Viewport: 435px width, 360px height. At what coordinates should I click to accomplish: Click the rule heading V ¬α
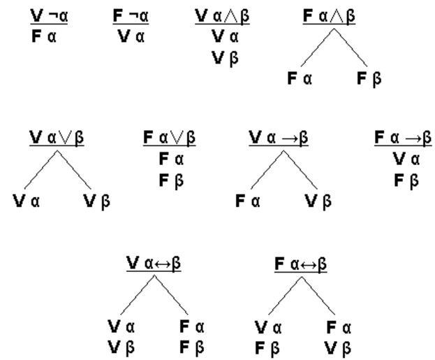coord(49,16)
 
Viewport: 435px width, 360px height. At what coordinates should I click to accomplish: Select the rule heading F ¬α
coord(131,16)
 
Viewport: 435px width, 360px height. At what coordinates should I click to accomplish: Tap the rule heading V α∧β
coord(222,16)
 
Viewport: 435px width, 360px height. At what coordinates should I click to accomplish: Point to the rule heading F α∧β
coord(329,16)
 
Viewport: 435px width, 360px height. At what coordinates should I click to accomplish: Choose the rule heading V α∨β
coord(57,138)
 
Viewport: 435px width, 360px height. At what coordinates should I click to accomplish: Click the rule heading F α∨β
coord(169,138)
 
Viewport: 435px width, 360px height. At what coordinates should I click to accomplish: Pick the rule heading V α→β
coord(279,138)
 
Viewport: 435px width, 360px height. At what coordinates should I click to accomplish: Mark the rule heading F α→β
coord(403,138)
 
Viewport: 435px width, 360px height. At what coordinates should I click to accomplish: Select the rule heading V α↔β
coord(154,263)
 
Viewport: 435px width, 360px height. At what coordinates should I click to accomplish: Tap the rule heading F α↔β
coord(301,264)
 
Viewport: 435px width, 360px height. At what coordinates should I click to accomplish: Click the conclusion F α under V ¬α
coord(44,36)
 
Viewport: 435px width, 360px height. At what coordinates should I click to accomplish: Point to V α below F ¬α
coord(131,36)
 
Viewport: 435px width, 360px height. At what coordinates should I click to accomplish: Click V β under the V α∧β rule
coord(225,59)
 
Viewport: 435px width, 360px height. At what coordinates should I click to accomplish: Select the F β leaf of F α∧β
coord(369,78)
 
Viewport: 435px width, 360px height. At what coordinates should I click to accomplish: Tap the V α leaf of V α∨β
coord(27,201)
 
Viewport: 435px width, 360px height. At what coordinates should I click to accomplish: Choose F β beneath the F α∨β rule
coord(171,181)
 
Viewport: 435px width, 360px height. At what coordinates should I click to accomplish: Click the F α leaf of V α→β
coord(248,201)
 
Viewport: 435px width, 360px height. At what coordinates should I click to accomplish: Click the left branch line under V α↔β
coord(138,295)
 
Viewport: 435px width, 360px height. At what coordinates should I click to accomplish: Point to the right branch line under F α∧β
coord(351,48)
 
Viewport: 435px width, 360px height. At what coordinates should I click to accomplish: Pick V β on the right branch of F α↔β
coord(338,349)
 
